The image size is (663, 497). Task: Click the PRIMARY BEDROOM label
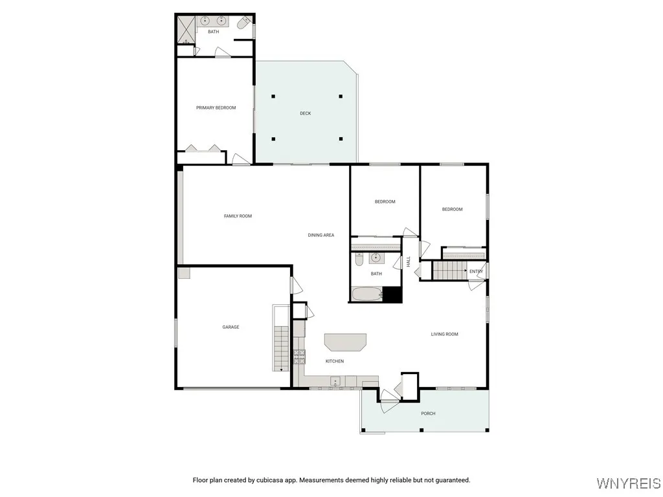tap(216, 108)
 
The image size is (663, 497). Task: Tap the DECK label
tap(305, 113)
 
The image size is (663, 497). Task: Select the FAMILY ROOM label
tap(238, 216)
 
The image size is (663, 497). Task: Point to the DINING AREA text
tap(320, 235)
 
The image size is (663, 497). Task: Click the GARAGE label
tap(230, 327)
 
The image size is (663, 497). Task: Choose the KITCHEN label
tap(335, 361)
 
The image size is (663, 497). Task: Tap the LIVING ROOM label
tap(444, 335)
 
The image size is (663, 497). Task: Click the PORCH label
tap(428, 414)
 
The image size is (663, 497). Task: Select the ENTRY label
tap(476, 271)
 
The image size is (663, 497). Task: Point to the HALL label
tap(409, 261)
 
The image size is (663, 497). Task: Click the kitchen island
tap(345, 342)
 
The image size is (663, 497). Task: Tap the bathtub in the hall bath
tap(366, 294)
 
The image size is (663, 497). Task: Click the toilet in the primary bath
tap(243, 25)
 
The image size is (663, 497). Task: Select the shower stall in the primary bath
tap(186, 29)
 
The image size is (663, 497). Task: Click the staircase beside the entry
tap(449, 271)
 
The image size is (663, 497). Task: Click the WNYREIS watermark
tap(628, 483)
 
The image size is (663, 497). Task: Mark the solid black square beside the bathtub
tap(392, 294)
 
